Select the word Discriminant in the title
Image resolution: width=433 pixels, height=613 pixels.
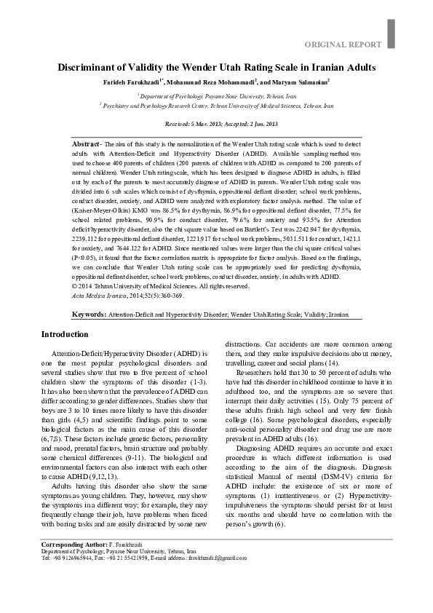click(x=89, y=68)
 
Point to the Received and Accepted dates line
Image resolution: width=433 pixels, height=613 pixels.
click(x=216, y=124)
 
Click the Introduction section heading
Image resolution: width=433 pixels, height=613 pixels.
click(x=65, y=334)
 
